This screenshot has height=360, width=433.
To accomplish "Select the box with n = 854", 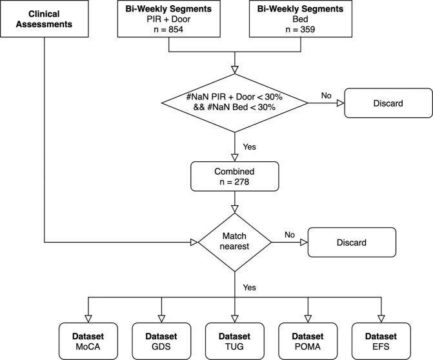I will [168, 18].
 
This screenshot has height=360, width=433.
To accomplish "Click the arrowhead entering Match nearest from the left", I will [193, 243].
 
